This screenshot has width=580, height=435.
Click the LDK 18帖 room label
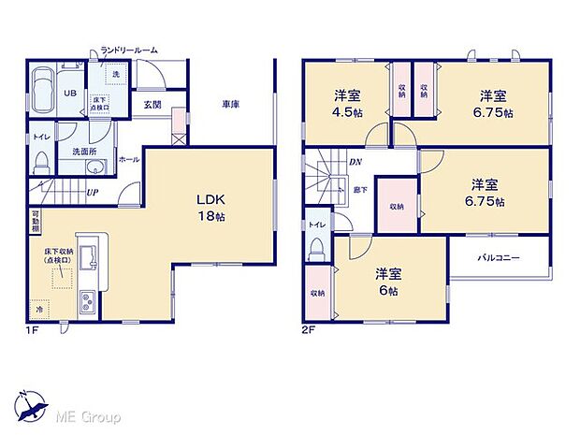(210, 206)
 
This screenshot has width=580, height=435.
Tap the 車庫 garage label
(230, 104)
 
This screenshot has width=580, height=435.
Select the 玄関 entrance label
(152, 105)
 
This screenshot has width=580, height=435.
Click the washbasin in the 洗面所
(94, 168)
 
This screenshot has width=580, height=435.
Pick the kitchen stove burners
(87, 302)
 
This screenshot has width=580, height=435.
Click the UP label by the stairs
(91, 193)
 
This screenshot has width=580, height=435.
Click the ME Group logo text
(89, 415)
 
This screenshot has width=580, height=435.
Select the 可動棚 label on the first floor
(34, 222)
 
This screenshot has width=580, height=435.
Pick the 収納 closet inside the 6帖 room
(318, 293)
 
